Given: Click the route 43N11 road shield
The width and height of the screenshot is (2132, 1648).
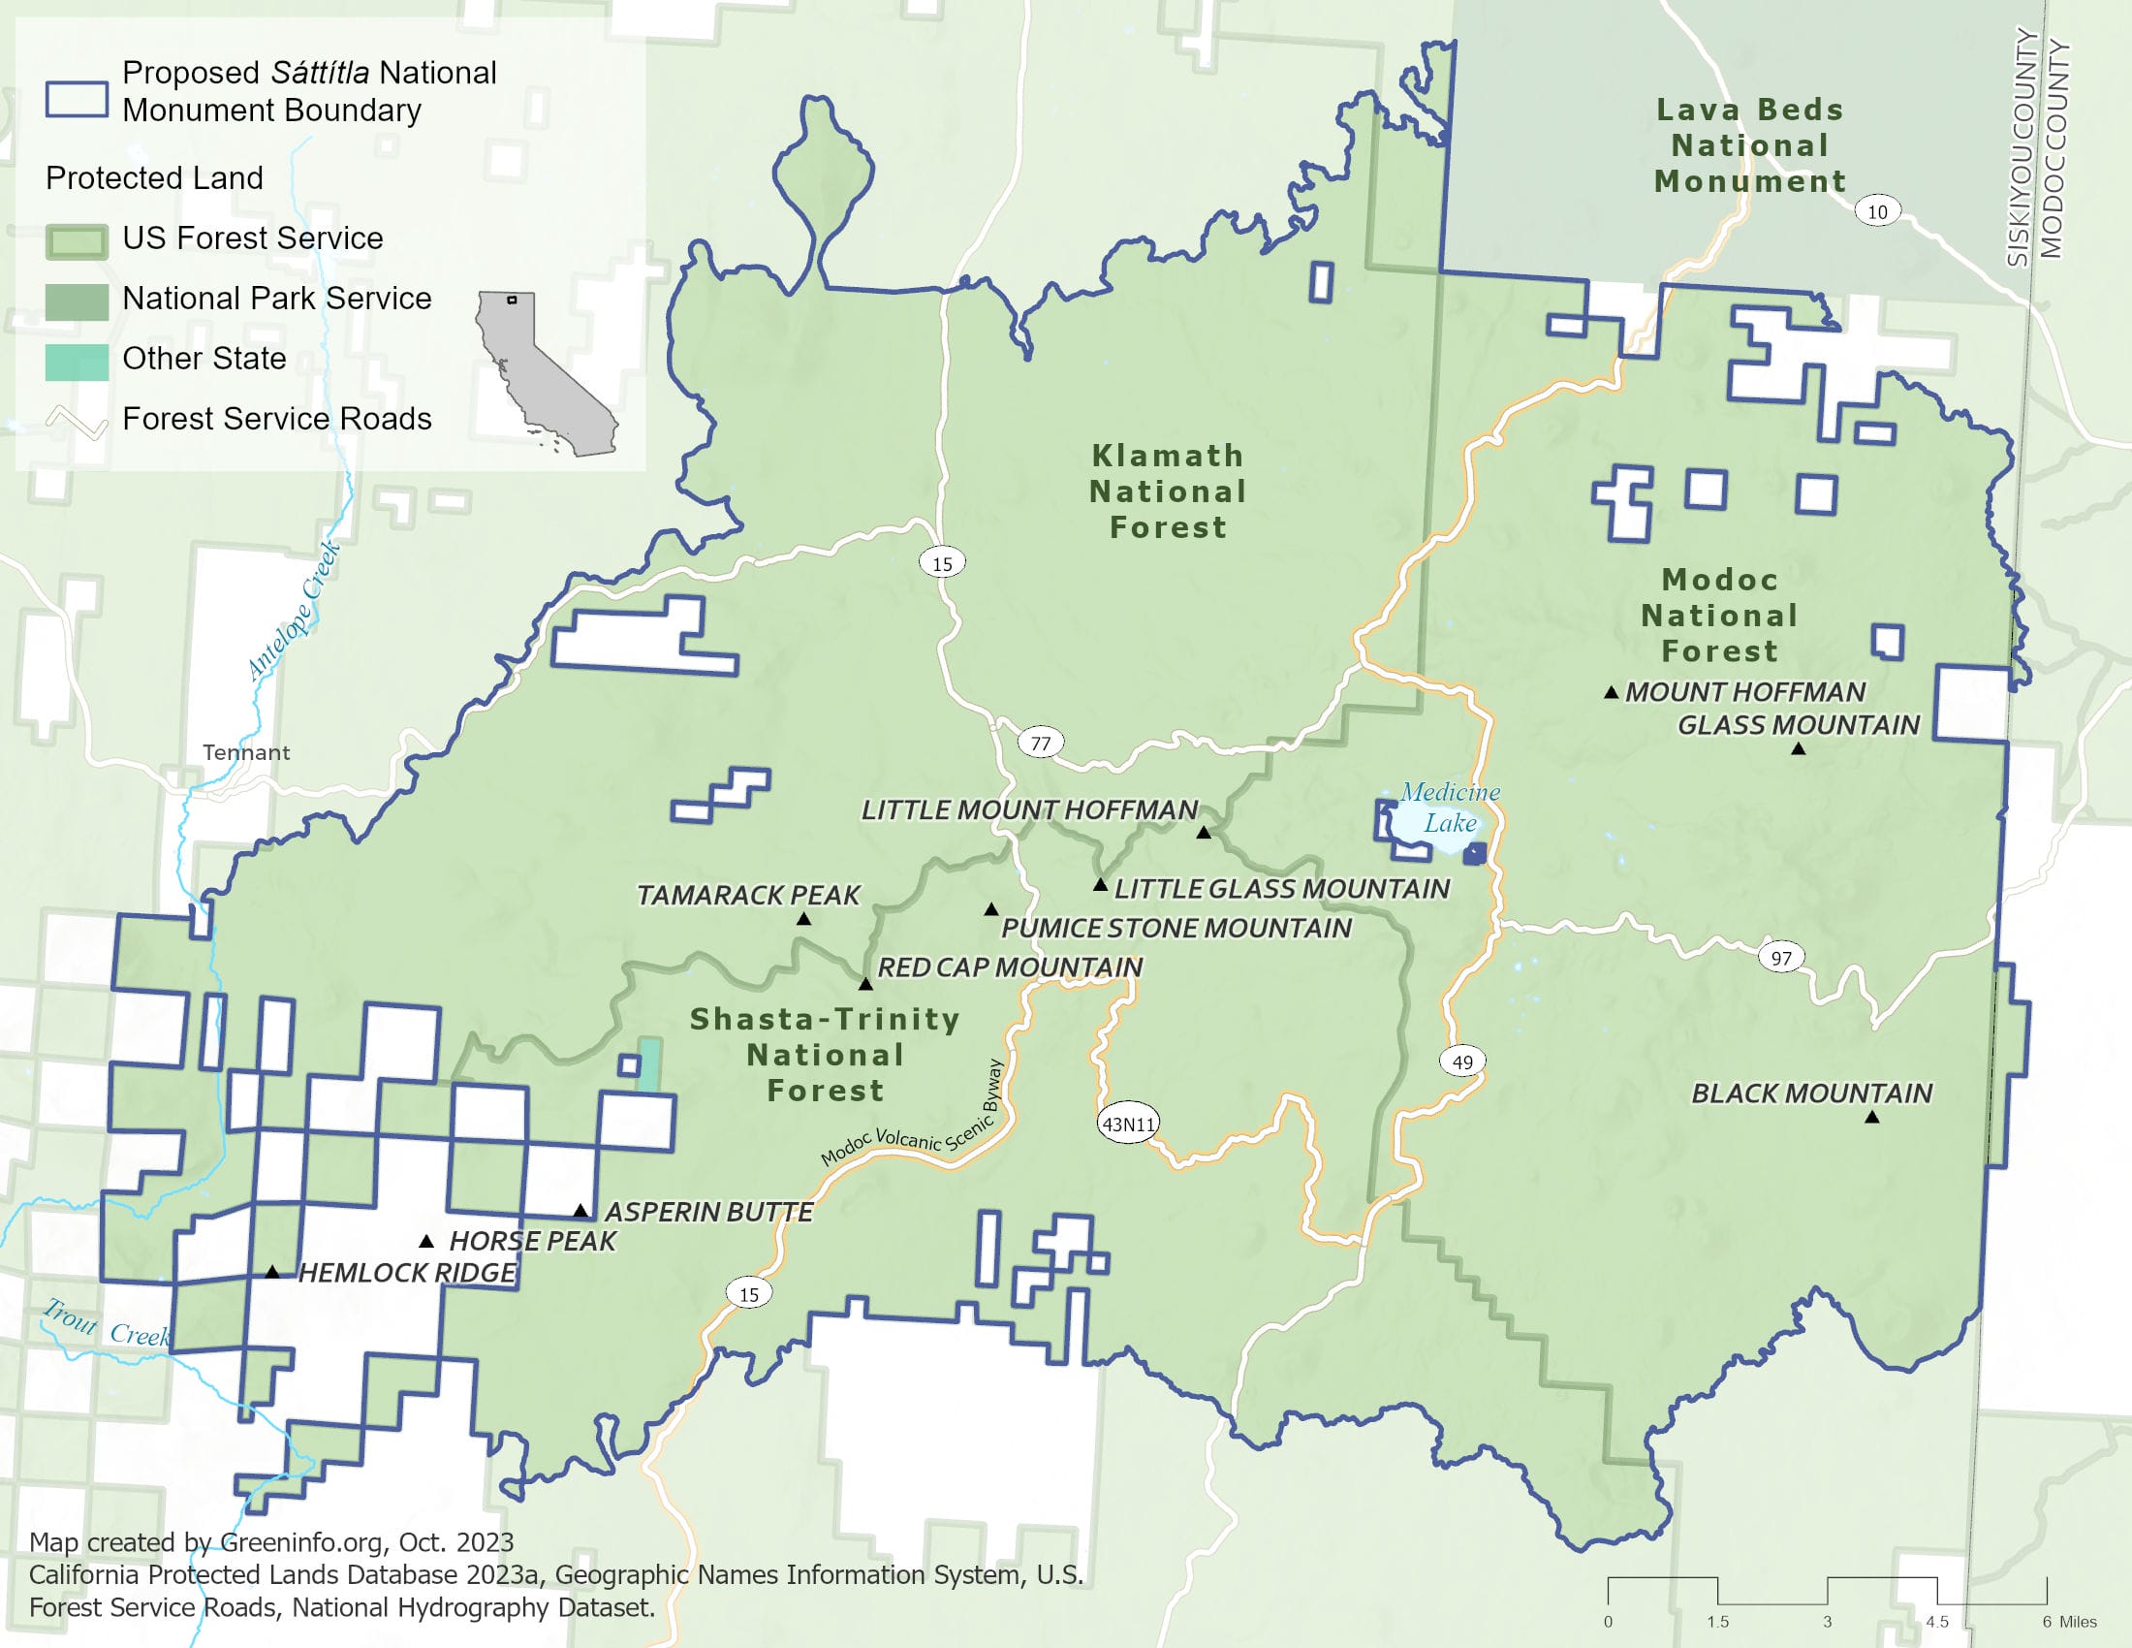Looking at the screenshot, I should [1128, 1124].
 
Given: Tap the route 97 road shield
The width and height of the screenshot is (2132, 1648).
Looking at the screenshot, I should [1781, 958].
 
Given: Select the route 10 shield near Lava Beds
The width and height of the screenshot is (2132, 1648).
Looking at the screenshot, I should [1876, 212].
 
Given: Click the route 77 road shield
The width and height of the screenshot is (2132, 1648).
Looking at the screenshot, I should [1041, 743].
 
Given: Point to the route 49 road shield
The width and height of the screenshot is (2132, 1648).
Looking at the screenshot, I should [1462, 1062].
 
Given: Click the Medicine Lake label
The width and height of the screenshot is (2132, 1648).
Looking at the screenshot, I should [1450, 808].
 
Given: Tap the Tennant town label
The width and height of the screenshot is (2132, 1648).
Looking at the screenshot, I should [246, 752].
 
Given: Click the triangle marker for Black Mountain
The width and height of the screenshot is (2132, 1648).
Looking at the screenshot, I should [1871, 1117].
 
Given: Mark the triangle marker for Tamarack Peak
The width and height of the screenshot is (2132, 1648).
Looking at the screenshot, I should [803, 919].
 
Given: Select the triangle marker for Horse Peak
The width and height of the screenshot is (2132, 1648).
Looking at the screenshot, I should [426, 1241].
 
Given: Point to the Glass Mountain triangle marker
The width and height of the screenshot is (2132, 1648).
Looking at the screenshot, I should [1798, 748].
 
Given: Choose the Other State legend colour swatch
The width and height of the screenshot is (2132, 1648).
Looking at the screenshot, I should [77, 362].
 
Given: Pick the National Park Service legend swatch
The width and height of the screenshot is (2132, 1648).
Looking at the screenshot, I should [77, 301].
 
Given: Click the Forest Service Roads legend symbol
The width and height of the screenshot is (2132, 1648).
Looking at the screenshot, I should [77, 422].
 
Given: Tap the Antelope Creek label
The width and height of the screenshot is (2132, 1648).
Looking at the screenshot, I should [293, 610].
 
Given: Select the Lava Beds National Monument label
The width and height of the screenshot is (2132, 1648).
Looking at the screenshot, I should [1749, 145].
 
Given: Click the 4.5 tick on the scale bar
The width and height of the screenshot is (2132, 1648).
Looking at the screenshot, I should [1937, 1621].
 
